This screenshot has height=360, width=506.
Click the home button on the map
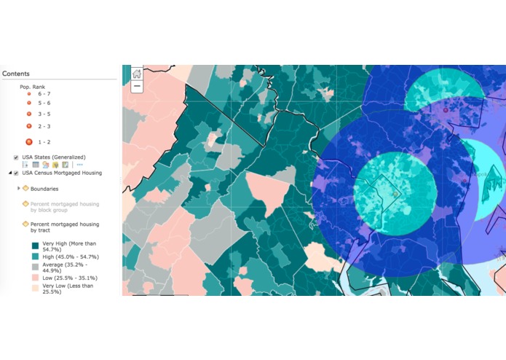(x=137, y=73)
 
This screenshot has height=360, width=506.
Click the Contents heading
(x=16, y=74)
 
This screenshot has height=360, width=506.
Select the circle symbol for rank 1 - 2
(x=29, y=141)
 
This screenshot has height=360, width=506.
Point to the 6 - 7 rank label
(x=44, y=94)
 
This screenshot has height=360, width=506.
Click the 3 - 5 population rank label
(x=44, y=114)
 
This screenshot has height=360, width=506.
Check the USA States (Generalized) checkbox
(x=16, y=157)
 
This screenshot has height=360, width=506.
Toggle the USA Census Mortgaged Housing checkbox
(x=16, y=173)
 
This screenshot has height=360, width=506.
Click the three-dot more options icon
(x=79, y=165)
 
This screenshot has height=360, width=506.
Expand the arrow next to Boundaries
(x=19, y=189)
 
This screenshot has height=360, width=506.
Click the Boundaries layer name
(x=44, y=189)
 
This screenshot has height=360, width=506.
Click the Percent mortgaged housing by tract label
(x=64, y=227)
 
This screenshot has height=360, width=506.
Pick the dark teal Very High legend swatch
(x=35, y=246)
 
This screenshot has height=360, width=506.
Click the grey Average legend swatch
(x=35, y=268)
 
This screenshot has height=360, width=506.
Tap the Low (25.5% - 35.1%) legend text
(x=70, y=278)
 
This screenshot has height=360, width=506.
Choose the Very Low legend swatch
(x=35, y=289)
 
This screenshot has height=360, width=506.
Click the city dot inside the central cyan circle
(x=395, y=195)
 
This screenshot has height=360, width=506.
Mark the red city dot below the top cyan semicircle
(x=445, y=110)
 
